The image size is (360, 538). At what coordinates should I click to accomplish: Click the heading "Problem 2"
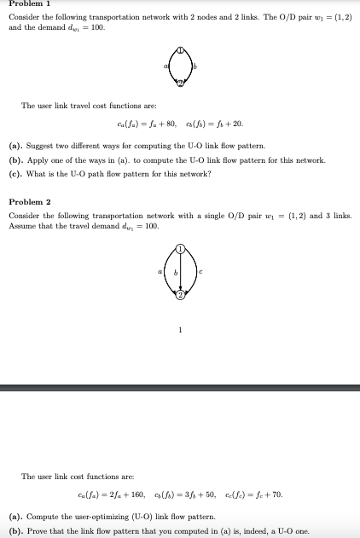pos(29,201)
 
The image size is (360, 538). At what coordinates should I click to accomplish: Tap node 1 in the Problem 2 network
pos(181,248)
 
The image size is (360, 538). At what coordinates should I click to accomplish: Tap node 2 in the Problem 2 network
pos(181,296)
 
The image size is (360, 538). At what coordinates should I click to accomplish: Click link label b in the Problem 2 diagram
pos(175,272)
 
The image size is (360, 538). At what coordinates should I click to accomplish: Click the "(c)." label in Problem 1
pos(15,173)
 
